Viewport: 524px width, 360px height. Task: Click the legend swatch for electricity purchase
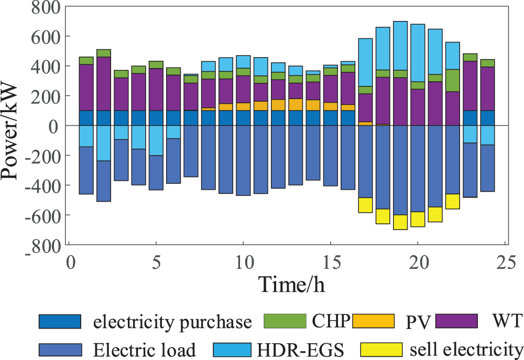60,321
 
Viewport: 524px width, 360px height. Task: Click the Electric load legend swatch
60,349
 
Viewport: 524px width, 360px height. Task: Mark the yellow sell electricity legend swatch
381,349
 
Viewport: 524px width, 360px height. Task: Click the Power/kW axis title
13,126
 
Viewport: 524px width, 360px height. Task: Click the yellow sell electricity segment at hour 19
400,222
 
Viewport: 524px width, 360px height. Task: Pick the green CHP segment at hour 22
453,80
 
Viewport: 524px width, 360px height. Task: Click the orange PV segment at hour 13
296,104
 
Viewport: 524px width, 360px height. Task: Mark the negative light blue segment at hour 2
104,143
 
